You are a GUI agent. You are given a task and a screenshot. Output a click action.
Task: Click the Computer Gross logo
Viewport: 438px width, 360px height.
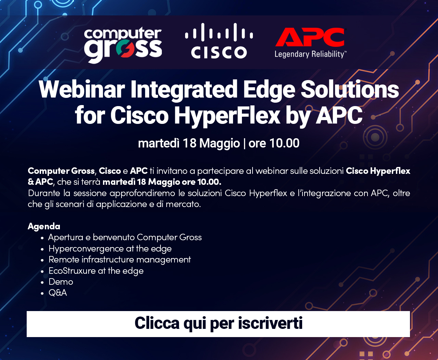pos(123,45)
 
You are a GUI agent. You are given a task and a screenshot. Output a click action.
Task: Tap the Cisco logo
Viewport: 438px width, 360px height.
pos(219,41)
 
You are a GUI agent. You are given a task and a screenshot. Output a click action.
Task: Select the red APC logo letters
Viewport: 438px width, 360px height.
pos(310,37)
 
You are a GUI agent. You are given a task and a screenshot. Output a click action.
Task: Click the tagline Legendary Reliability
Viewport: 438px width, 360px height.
pos(310,54)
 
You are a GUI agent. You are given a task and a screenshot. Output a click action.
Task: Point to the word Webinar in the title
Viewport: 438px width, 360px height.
pos(82,90)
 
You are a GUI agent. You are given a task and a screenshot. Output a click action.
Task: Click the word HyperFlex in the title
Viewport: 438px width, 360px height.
pos(227,115)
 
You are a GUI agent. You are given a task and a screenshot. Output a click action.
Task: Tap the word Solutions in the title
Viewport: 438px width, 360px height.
pos(350,90)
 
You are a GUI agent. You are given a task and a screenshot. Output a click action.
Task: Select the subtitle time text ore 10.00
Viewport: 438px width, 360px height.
pos(274,143)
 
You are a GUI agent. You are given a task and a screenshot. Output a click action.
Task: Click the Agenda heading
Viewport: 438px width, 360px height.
pos(44,226)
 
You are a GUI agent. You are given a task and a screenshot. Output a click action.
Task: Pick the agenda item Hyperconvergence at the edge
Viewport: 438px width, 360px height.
pos(110,249)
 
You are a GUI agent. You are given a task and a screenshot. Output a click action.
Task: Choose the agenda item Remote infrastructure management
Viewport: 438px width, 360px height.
pos(120,260)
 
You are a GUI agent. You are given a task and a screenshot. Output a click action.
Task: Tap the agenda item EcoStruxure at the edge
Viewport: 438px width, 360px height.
pos(96,271)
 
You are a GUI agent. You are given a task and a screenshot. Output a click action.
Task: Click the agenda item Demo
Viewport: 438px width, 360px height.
pos(61,282)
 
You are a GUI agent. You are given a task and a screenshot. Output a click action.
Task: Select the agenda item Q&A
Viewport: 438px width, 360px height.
pos(58,293)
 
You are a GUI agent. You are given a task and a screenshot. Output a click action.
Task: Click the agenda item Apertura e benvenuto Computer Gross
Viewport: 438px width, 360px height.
pos(125,237)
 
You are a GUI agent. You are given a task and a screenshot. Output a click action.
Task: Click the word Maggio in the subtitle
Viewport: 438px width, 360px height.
pos(220,144)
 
